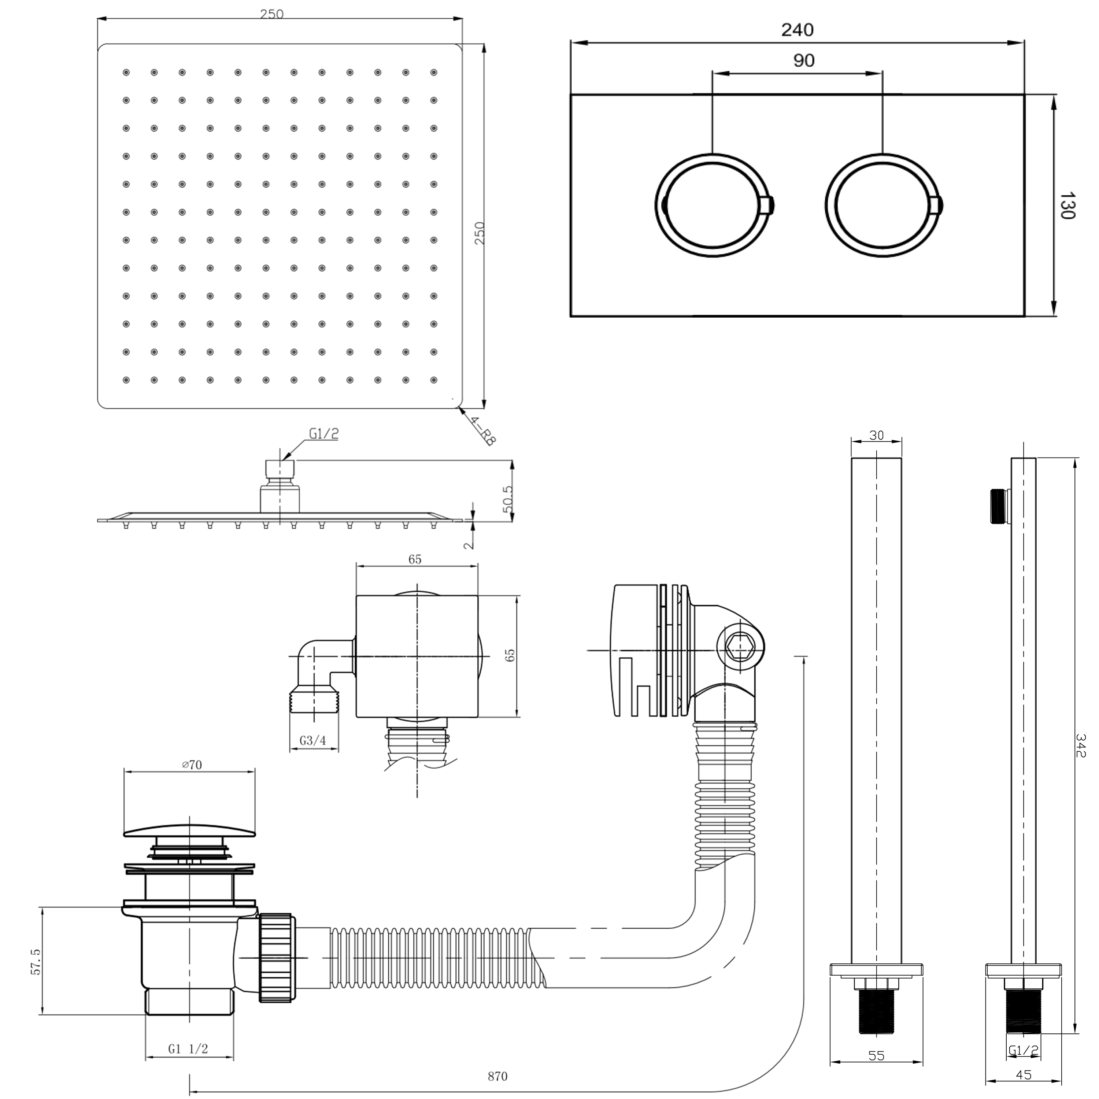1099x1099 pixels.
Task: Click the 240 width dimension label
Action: (797, 30)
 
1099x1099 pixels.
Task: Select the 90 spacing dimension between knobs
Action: (804, 60)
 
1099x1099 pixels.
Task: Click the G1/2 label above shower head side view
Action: (324, 434)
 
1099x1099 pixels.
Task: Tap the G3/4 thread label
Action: (313, 741)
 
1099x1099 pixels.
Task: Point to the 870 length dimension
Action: (497, 1077)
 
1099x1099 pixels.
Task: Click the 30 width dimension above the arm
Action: (877, 435)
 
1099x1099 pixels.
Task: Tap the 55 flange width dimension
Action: (877, 1055)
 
